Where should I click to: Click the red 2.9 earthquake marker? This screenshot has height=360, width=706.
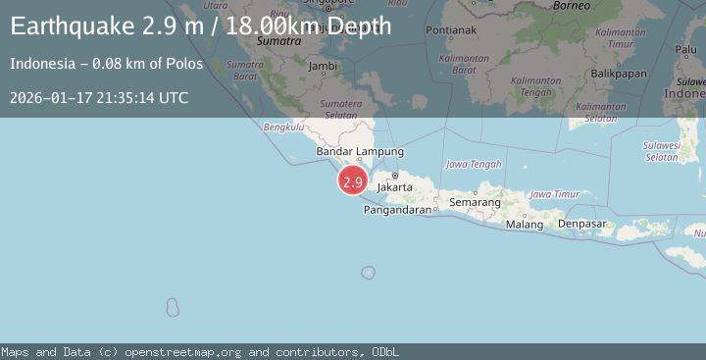pos(353,181)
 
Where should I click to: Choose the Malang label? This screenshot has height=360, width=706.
pos(525,225)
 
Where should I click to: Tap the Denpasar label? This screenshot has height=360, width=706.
pos(582,224)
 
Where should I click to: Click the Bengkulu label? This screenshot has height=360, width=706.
pos(283,127)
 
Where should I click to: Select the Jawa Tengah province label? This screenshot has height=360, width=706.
pos(474,164)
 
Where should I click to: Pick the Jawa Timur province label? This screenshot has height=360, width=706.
pos(555,194)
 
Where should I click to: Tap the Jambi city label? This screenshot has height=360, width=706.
pos(323,66)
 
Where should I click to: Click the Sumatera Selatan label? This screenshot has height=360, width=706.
pos(341,108)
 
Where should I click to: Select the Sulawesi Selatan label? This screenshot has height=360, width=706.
pos(662,150)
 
